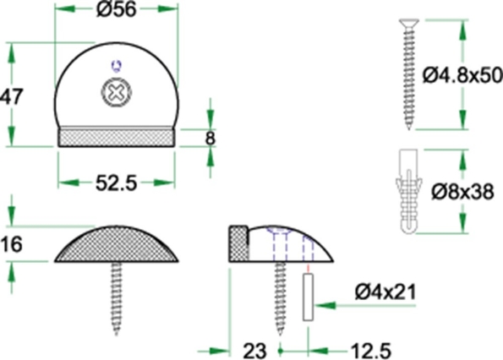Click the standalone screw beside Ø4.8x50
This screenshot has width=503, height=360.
[409, 73]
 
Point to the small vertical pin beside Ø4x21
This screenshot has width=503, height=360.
[309, 297]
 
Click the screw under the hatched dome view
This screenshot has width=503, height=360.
[116, 292]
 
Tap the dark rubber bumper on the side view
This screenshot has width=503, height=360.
[238, 243]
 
